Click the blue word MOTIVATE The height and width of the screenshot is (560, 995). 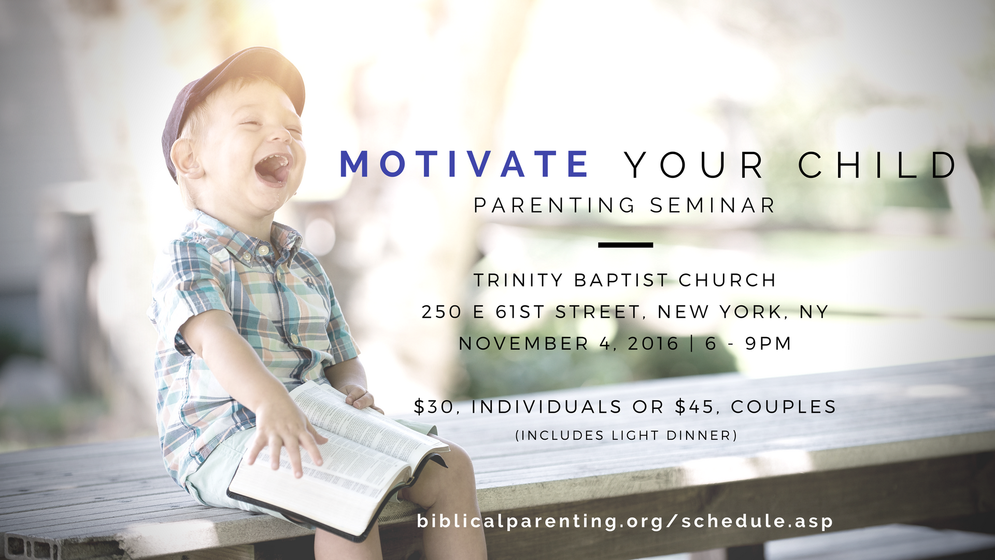click(464, 164)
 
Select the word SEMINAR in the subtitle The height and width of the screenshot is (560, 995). click(713, 205)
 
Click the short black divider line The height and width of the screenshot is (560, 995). click(626, 245)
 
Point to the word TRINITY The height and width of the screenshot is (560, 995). click(518, 281)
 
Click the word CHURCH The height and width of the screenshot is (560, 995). click(727, 281)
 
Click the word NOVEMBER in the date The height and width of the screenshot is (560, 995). click(524, 344)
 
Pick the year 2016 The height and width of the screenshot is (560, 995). click(653, 344)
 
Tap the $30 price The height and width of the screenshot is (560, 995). click(433, 407)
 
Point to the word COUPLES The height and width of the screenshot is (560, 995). click(784, 407)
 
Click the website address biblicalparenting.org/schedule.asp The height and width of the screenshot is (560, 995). click(625, 521)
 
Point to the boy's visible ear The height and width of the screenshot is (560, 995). click(186, 157)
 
